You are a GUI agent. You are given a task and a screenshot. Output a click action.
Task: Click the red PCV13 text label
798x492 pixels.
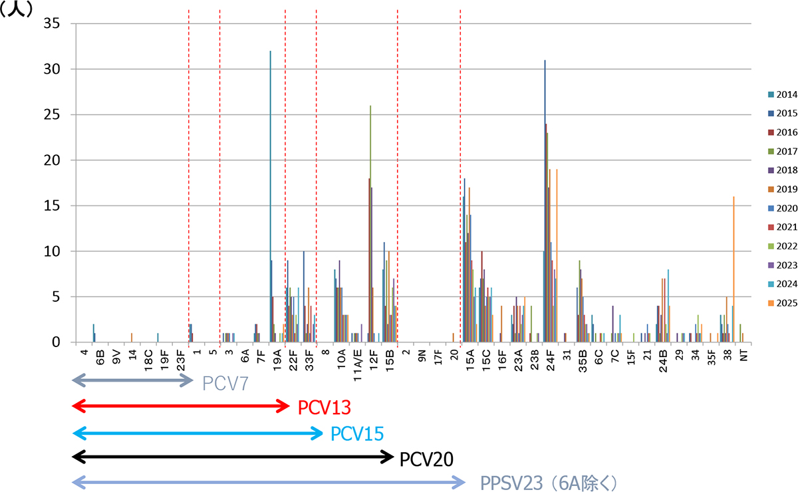tap(324, 407)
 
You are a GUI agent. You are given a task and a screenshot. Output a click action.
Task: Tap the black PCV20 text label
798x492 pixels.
tap(426, 458)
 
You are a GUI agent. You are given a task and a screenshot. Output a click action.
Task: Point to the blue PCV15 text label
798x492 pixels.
tap(356, 434)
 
